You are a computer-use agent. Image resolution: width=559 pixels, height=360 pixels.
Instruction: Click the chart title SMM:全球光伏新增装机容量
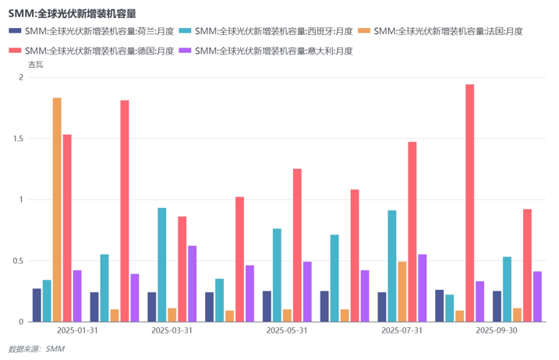[x=72, y=13]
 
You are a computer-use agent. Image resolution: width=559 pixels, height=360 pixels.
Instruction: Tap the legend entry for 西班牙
[x=261, y=31]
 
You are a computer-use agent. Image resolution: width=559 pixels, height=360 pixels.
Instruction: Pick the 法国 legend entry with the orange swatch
[x=440, y=31]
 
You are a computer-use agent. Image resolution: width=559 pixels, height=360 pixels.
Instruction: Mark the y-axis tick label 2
[x=20, y=78]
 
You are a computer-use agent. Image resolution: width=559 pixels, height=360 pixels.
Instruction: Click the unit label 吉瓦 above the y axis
[x=36, y=65]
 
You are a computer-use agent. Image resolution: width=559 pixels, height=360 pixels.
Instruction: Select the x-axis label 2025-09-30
[x=497, y=330]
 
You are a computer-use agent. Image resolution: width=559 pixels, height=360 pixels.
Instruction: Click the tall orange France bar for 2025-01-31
[x=57, y=210]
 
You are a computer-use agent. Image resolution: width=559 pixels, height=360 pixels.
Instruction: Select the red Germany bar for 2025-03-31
[x=182, y=269]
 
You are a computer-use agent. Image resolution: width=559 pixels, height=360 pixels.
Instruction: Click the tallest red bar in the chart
[x=469, y=203]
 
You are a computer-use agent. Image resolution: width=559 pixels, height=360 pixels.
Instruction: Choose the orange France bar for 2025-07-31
[x=402, y=291]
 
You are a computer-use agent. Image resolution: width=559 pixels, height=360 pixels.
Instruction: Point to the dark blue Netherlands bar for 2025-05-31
[x=267, y=306]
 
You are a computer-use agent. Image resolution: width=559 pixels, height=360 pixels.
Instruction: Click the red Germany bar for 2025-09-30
[x=527, y=265]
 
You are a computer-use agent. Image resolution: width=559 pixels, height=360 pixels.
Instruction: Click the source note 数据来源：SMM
[x=36, y=349]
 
